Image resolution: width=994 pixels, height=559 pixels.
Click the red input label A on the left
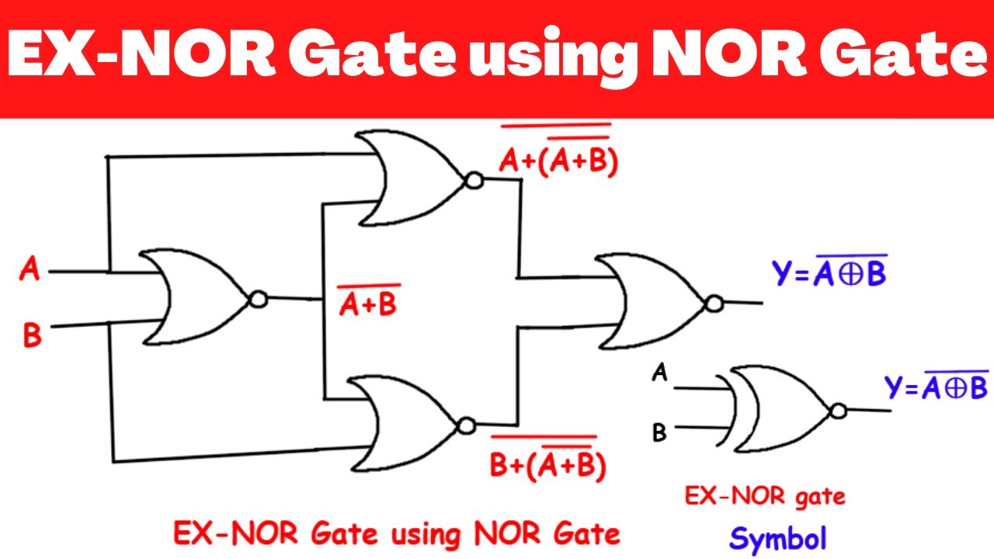click(30, 269)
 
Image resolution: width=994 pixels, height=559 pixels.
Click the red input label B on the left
click(32, 335)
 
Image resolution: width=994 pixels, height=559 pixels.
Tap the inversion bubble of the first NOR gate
click(259, 299)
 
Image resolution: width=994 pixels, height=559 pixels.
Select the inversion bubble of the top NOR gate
click(474, 181)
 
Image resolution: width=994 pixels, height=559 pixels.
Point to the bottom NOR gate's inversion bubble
click(466, 426)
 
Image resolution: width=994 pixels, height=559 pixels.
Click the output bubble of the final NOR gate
click(714, 304)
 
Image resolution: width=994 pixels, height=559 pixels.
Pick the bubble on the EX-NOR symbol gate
click(838, 411)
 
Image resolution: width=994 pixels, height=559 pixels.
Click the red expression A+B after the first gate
click(368, 300)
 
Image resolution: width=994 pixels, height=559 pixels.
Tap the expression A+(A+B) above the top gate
click(558, 151)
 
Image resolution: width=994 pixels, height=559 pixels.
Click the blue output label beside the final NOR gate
click(829, 271)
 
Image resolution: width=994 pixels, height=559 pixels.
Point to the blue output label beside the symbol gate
click(937, 385)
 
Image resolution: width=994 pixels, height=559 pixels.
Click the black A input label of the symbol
click(659, 372)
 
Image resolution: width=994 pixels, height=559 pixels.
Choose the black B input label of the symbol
click(659, 432)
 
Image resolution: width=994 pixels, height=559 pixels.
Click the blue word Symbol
click(778, 539)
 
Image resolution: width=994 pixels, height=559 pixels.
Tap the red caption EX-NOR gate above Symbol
click(765, 496)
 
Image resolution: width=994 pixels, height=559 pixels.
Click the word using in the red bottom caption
click(426, 535)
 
